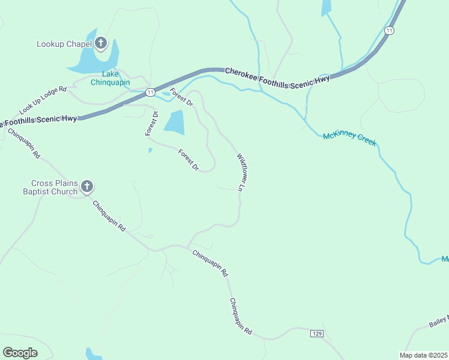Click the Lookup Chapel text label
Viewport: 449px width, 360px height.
(x=63, y=44)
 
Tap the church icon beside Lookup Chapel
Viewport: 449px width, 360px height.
(x=100, y=43)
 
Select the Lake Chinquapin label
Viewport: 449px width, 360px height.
(x=110, y=78)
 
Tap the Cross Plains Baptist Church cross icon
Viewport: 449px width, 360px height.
(x=87, y=187)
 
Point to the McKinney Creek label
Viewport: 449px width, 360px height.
(x=349, y=138)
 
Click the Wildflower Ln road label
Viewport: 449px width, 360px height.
(x=242, y=172)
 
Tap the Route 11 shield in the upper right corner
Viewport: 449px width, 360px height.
(x=390, y=31)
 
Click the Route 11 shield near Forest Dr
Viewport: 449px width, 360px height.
(x=150, y=92)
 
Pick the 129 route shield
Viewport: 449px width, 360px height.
(x=318, y=333)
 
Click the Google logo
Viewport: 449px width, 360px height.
(x=20, y=352)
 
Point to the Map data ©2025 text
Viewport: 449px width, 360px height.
(x=423, y=355)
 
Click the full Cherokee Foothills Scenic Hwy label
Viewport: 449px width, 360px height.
(x=277, y=75)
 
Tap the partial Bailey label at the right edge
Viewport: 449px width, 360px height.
(x=439, y=322)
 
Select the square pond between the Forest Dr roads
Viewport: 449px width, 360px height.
(x=174, y=122)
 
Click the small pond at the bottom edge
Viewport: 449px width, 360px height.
(x=93, y=354)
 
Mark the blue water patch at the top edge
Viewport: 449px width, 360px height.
(x=326, y=8)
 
